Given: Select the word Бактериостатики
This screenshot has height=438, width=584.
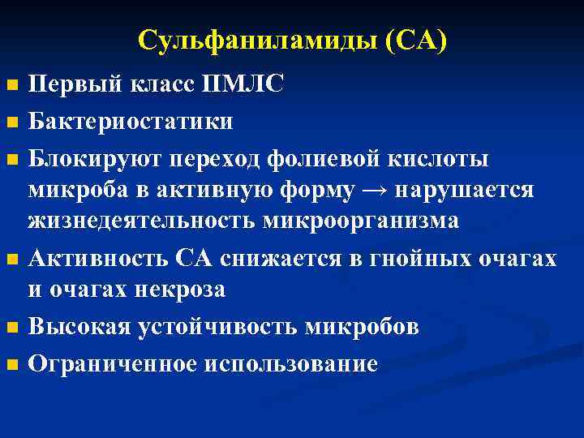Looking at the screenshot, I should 131,122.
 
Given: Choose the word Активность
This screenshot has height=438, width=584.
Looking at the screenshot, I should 98,258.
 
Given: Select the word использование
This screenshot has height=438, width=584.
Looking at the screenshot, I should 291,364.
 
